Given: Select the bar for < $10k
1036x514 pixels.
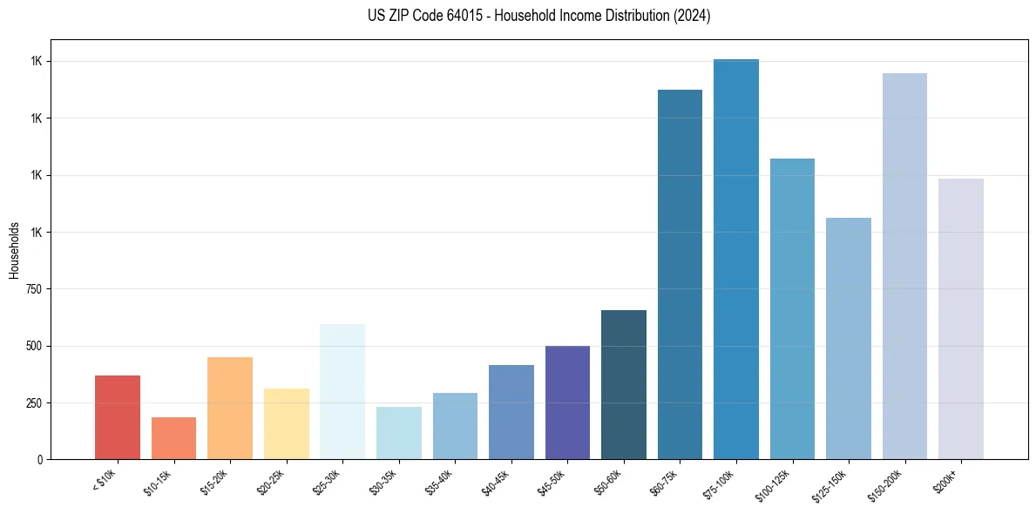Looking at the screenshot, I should click(x=118, y=417).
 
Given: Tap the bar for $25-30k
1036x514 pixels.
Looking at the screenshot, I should click(x=342, y=391).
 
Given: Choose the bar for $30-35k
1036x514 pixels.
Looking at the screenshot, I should click(x=399, y=433).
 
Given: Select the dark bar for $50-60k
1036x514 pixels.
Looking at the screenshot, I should click(x=624, y=384).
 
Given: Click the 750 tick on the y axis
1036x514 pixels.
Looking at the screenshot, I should click(x=35, y=289).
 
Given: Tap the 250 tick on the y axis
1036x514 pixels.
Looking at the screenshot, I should click(x=35, y=403).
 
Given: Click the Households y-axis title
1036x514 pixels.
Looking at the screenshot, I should click(x=14, y=249).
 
